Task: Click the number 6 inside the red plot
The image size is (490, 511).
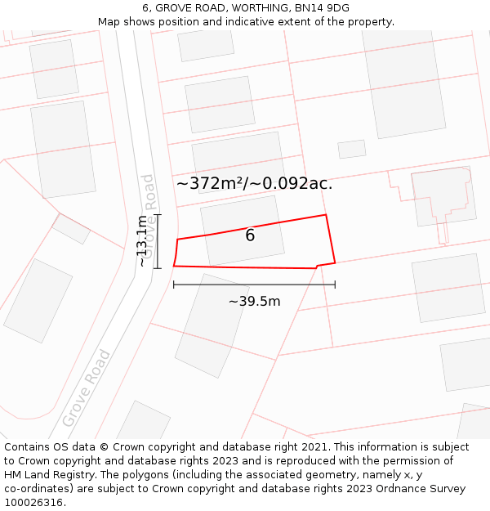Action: click(250, 235)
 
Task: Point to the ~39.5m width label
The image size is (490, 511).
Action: click(254, 301)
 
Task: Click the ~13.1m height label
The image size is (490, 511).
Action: click(143, 241)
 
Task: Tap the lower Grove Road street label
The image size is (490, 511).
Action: click(87, 388)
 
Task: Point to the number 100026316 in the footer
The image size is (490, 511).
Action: click(33, 502)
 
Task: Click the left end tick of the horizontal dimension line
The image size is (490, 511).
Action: click(174, 285)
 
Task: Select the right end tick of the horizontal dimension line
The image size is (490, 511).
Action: click(335, 285)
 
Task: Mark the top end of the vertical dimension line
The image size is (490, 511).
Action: click(158, 215)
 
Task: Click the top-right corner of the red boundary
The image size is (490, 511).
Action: click(326, 215)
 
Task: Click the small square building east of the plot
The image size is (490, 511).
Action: click(352, 149)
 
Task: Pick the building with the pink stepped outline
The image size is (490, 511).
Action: click(443, 196)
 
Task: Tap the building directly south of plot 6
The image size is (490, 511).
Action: click(212, 325)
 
